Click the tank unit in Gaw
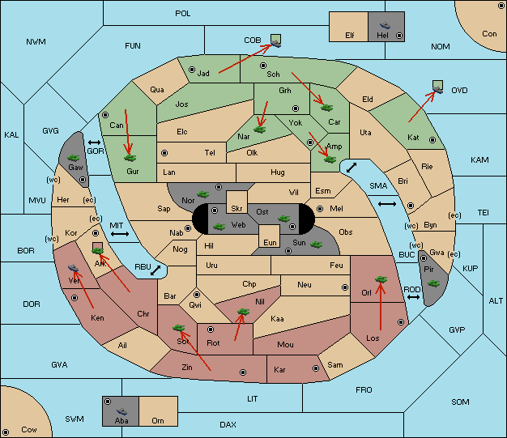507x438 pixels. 74,158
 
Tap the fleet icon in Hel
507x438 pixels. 385,25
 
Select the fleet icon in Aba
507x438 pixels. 121,410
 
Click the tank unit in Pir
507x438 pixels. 433,283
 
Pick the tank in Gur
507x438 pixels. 130,158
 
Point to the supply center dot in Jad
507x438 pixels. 192,70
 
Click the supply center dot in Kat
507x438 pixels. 432,140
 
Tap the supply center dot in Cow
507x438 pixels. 6,432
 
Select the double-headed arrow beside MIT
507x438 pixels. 120,234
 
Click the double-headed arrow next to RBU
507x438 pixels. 156,270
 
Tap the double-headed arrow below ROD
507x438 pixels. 413,297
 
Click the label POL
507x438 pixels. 183,14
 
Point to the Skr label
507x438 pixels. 236,208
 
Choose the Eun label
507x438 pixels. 270,242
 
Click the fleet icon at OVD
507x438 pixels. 438,90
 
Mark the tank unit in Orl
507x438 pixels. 381,279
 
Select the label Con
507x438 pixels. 489,34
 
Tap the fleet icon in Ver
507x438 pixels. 74,268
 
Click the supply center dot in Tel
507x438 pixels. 164,152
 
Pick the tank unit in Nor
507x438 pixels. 203,194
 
